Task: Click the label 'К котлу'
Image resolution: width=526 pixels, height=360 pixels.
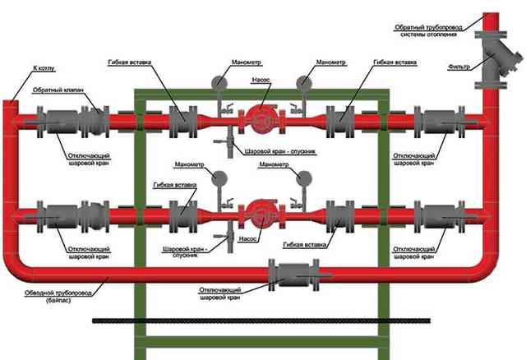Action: [x=44, y=68]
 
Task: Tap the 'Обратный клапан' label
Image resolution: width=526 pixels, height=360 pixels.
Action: [x=58, y=90]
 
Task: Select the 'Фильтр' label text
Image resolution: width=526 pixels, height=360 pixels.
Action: [x=459, y=67]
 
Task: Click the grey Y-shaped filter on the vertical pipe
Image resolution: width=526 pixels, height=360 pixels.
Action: [x=496, y=60]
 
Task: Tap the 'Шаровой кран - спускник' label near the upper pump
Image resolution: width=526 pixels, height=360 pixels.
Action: [x=280, y=152]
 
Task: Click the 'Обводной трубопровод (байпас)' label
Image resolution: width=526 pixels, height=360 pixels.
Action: [x=58, y=296]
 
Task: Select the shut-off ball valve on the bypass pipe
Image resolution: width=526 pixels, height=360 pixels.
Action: [x=294, y=275]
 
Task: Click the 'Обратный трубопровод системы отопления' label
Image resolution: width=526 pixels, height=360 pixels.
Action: [x=428, y=30]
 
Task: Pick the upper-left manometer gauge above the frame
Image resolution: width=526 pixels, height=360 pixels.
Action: [x=219, y=82]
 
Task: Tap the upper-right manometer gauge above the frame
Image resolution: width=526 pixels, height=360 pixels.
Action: [x=304, y=82]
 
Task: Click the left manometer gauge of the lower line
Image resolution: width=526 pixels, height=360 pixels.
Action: [x=219, y=178]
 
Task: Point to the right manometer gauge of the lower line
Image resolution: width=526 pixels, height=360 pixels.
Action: [x=304, y=178]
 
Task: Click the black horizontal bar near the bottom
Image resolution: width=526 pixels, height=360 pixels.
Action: [x=261, y=321]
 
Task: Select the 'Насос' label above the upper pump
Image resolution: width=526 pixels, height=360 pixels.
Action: [x=261, y=81]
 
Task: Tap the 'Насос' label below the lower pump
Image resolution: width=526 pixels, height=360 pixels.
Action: [x=248, y=239]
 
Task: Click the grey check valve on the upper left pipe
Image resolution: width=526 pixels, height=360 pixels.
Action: [x=95, y=122]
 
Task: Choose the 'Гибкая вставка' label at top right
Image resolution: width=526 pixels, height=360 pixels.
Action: [x=394, y=62]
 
